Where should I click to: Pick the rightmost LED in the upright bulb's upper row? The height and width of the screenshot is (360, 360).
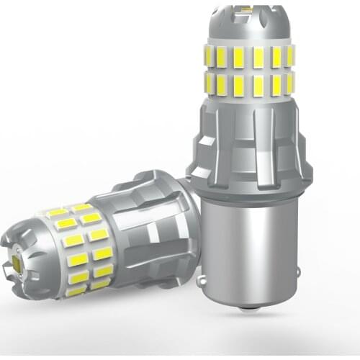(290, 56)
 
